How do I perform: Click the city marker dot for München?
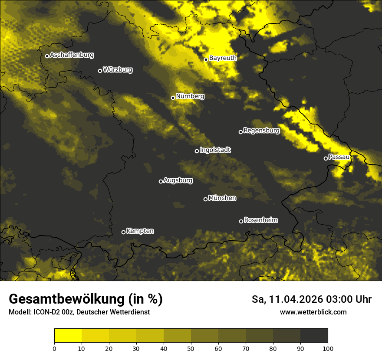click(x=206, y=199)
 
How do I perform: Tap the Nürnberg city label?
click(x=190, y=96)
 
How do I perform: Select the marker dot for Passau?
click(x=326, y=158)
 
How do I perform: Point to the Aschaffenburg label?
click(x=72, y=55)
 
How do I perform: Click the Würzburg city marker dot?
click(x=100, y=71)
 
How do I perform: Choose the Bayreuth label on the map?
click(x=223, y=58)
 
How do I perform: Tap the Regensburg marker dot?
click(x=240, y=132)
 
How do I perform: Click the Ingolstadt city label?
click(x=215, y=150)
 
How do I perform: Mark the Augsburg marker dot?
click(x=161, y=181)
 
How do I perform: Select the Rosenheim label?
click(x=260, y=220)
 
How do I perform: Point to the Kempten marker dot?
click(x=123, y=232)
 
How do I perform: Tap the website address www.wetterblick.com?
click(x=313, y=312)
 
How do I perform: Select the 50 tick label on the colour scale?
click(x=191, y=348)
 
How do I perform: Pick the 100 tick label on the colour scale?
click(x=328, y=348)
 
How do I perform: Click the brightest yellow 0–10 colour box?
click(x=68, y=336)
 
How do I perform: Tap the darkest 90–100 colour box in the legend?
click(x=314, y=336)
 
